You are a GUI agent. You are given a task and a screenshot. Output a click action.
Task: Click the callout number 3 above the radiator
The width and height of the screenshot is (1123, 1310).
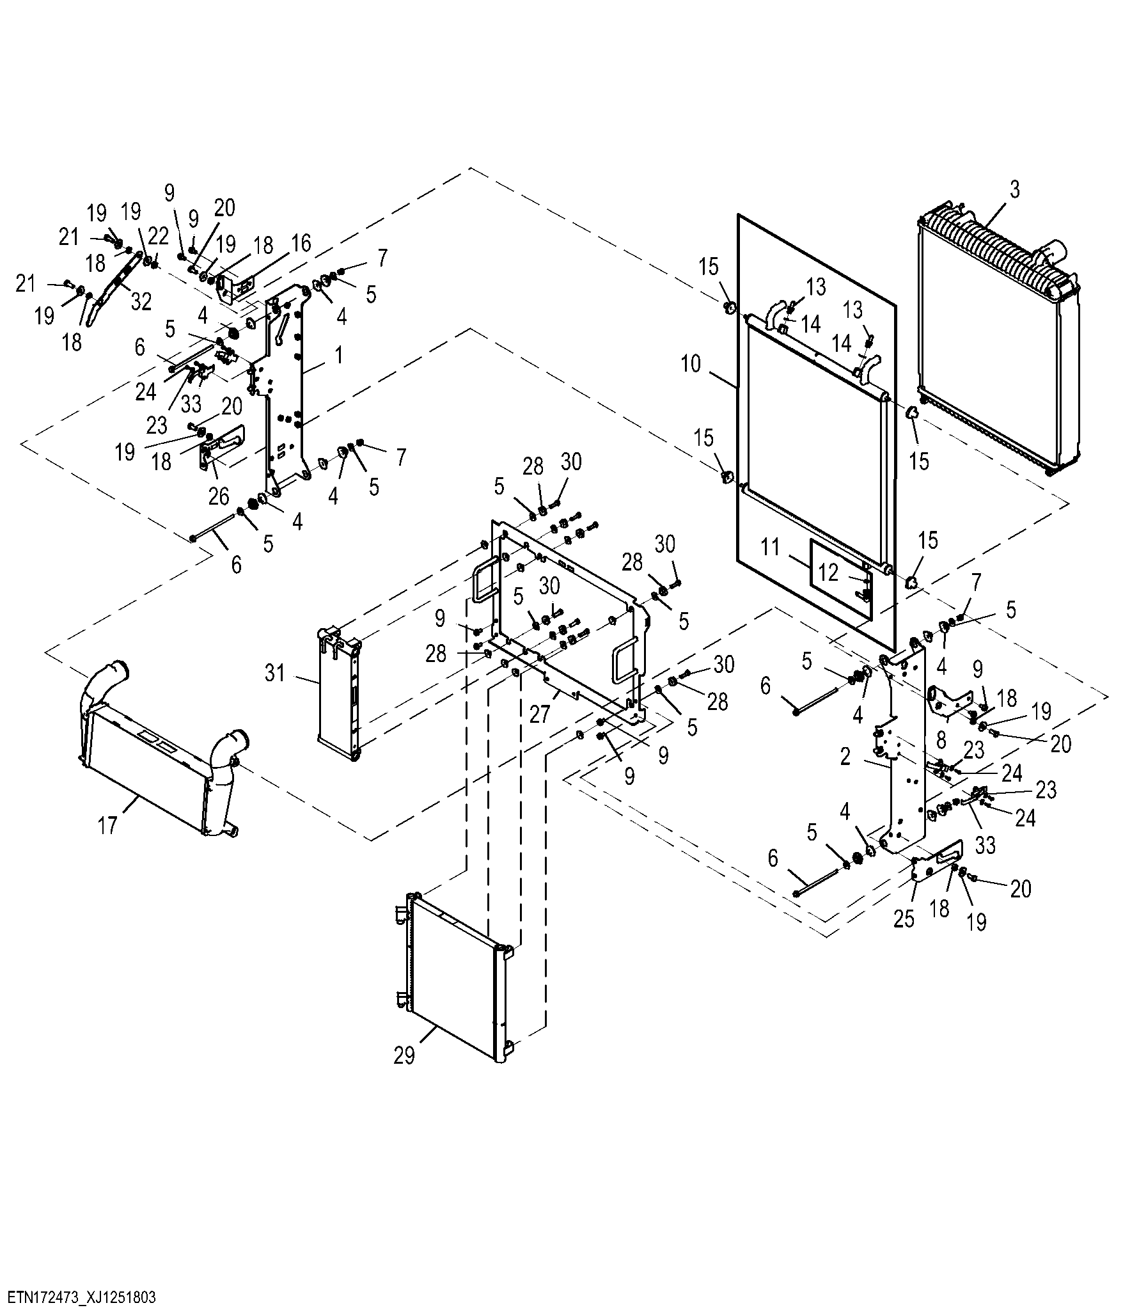(1014, 189)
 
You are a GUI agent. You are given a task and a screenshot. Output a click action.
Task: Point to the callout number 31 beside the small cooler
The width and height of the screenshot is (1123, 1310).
(275, 673)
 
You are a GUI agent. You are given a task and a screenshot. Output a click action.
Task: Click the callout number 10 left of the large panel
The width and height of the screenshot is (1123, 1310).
(691, 364)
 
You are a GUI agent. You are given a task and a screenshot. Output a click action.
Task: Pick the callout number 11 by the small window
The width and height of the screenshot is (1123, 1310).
(771, 547)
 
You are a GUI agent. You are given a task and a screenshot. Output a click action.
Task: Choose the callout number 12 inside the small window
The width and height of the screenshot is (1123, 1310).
(828, 572)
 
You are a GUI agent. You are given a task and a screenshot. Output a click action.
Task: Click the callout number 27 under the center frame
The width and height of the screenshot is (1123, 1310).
(540, 713)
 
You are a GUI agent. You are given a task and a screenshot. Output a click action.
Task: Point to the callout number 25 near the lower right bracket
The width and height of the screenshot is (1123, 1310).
(904, 919)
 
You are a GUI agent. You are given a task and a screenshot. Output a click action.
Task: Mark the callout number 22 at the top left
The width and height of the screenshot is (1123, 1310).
(158, 236)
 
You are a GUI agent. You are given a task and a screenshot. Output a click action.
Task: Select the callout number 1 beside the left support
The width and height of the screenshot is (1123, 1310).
(339, 355)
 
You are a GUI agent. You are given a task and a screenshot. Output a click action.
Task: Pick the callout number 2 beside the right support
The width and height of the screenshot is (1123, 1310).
(845, 757)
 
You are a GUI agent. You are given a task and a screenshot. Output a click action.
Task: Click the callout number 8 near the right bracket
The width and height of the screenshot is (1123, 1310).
(941, 739)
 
